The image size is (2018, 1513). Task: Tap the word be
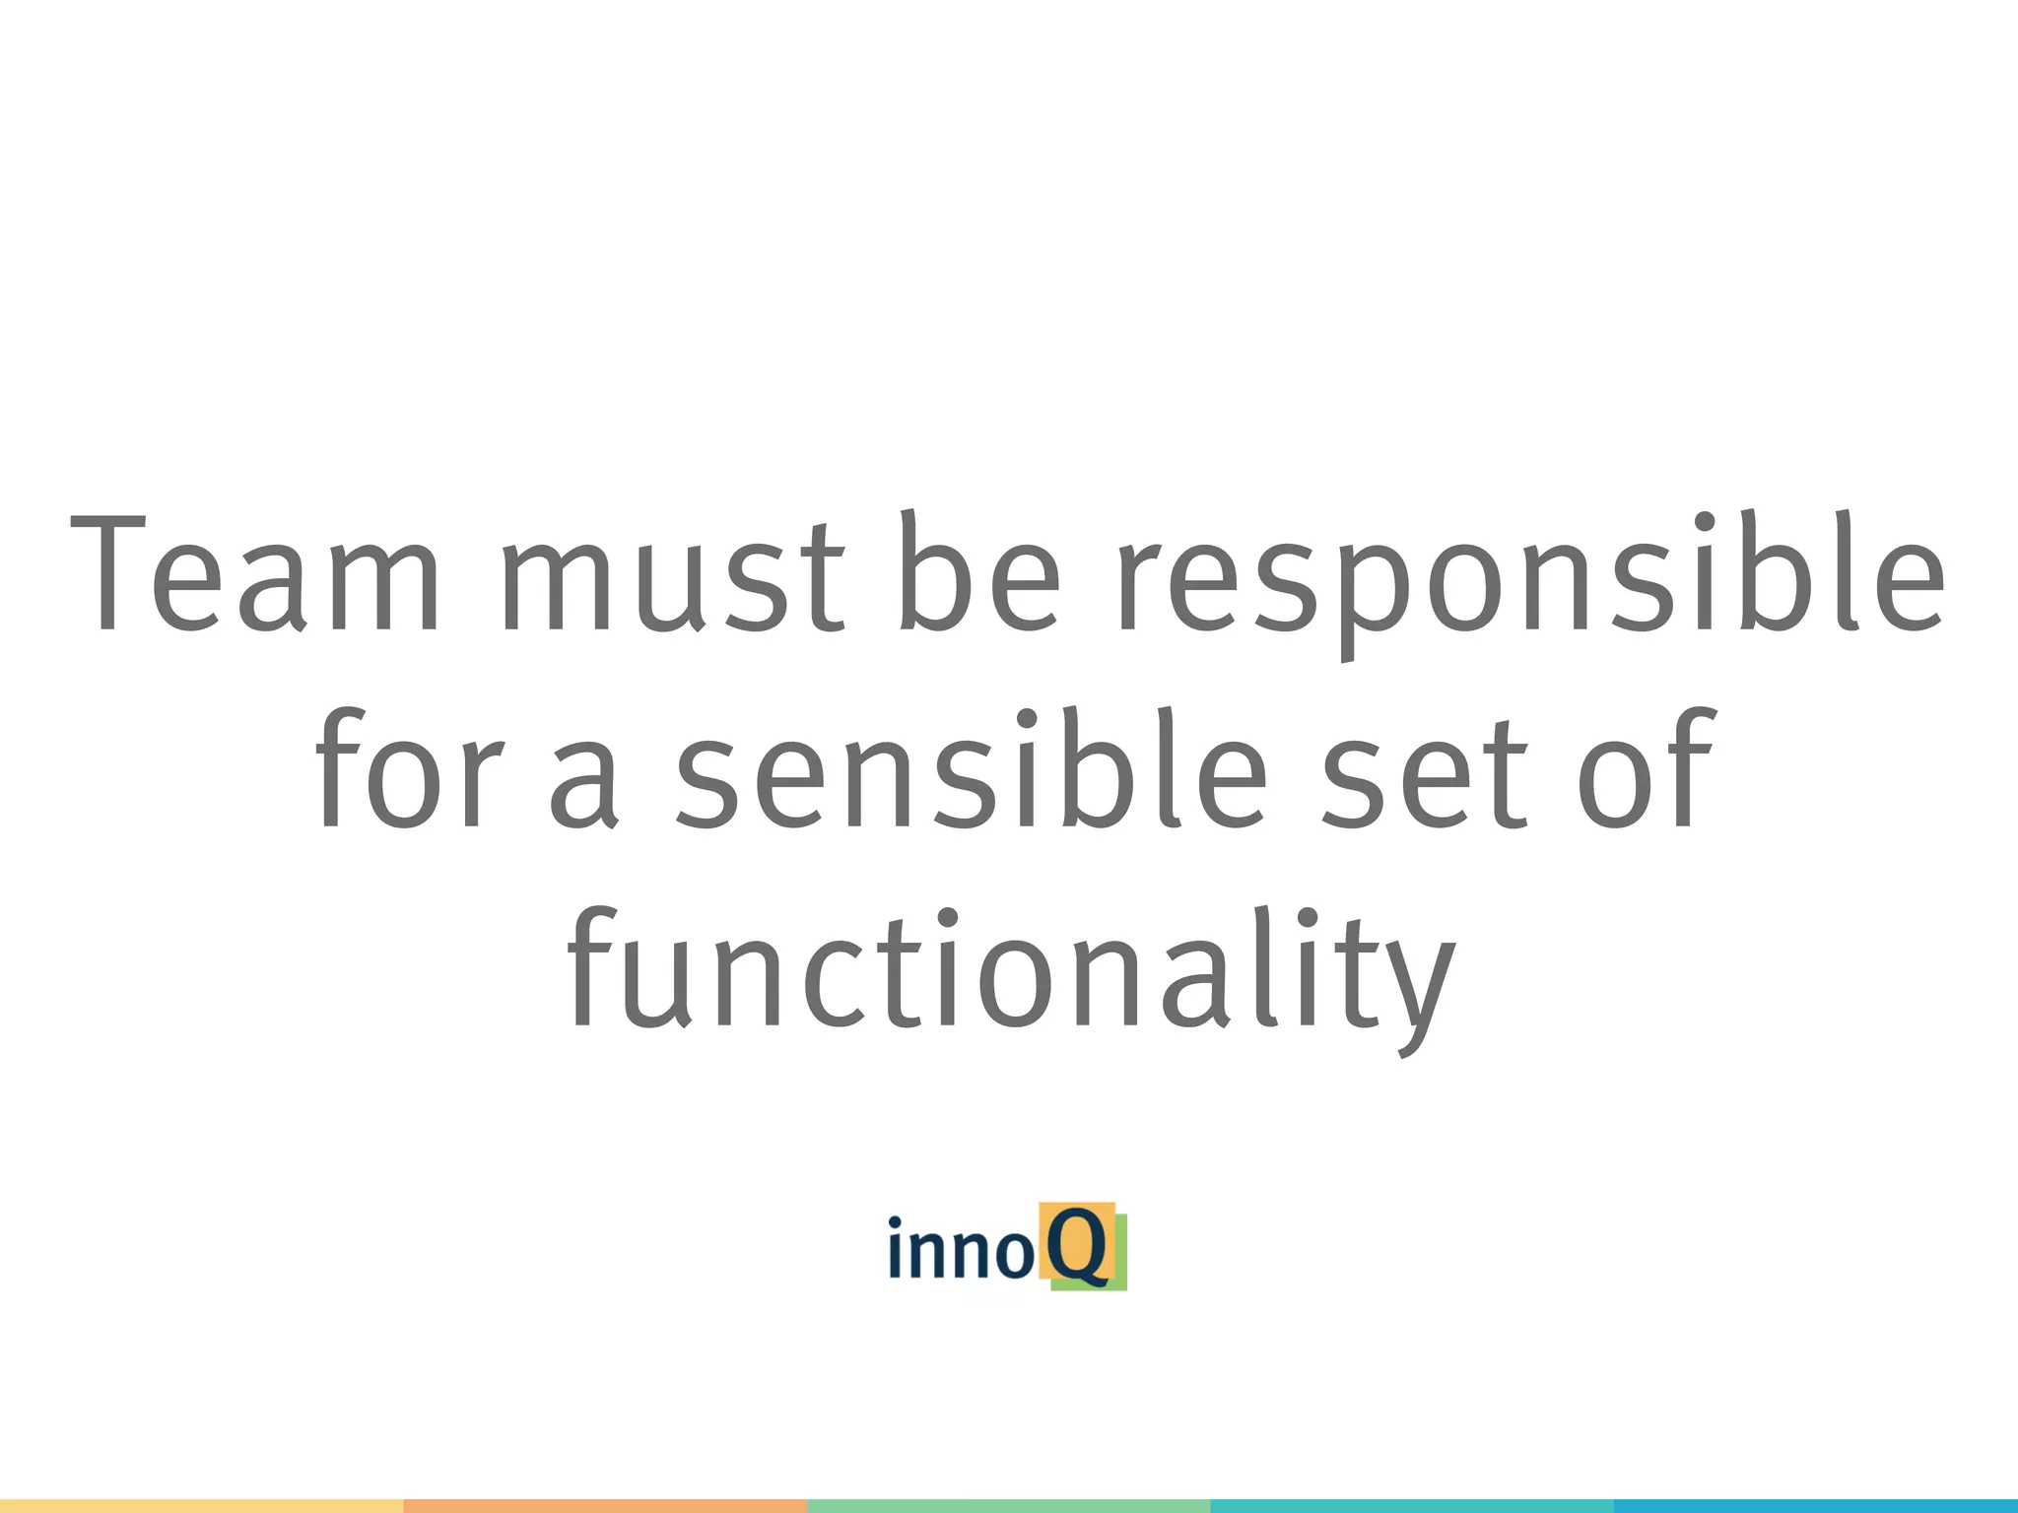pos(978,573)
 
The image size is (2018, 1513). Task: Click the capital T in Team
pos(108,573)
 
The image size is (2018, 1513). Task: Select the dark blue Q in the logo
pos(1076,1246)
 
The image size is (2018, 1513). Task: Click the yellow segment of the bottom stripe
pos(201,1505)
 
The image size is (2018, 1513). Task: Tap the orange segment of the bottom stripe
pos(605,1505)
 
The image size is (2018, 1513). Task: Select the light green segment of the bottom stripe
pos(1008,1505)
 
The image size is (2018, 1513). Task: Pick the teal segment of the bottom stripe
pos(1412,1505)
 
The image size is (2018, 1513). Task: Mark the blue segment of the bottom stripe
pos(1816,1505)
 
